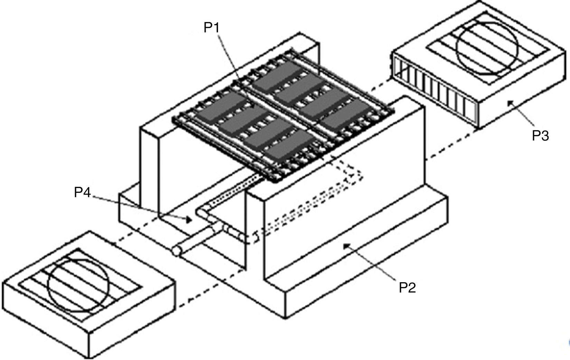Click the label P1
click(212, 27)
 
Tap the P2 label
click(408, 287)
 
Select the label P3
click(541, 135)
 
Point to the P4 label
click(83, 192)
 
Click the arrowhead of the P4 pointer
click(189, 219)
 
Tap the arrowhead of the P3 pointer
click(510, 102)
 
